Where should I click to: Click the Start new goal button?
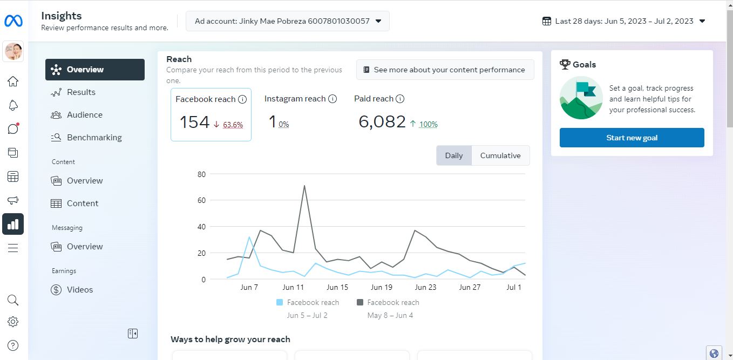632,138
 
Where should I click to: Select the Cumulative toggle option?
500,155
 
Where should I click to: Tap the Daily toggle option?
454,155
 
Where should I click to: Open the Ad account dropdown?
288,21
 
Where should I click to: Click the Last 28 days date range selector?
624,21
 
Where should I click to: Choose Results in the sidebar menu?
81,92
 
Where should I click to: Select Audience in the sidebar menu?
85,115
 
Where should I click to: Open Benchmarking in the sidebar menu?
94,138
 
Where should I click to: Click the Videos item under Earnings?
80,290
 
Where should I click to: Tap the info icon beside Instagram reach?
332,99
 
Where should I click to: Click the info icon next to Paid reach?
400,99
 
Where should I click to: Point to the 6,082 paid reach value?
382,122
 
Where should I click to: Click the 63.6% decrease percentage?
233,125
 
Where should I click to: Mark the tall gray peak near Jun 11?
304,186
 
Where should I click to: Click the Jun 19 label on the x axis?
381,287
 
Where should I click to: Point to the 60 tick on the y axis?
201,200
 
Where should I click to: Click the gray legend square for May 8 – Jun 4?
360,302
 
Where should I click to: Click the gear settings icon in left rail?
13,322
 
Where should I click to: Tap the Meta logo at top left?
13,21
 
